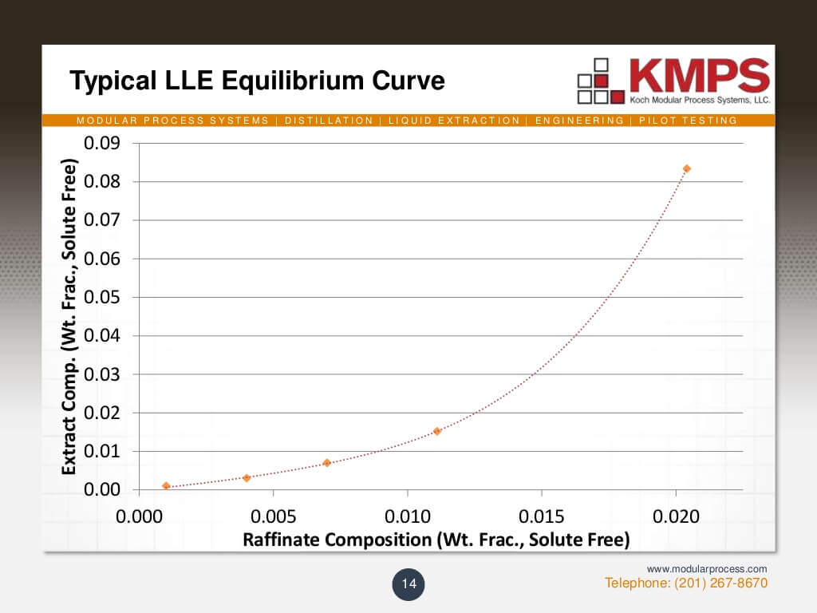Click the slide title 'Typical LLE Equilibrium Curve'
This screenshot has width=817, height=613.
[256, 81]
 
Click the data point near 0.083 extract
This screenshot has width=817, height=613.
[686, 168]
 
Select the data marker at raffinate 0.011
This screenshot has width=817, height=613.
[437, 431]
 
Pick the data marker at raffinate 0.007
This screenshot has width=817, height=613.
[326, 463]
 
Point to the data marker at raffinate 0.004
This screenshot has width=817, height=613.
[247, 477]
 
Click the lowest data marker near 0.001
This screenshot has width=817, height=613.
[166, 486]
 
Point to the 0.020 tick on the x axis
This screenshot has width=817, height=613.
[676, 516]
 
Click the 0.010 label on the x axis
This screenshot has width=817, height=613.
[407, 516]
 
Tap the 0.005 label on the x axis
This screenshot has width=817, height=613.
[273, 516]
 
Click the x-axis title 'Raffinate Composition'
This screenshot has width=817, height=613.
[436, 540]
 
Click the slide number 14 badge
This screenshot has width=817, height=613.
[408, 584]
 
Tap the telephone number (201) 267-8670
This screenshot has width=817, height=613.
[686, 583]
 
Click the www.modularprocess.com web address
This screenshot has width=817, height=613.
[707, 568]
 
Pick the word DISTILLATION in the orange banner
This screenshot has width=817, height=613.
[329, 121]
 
